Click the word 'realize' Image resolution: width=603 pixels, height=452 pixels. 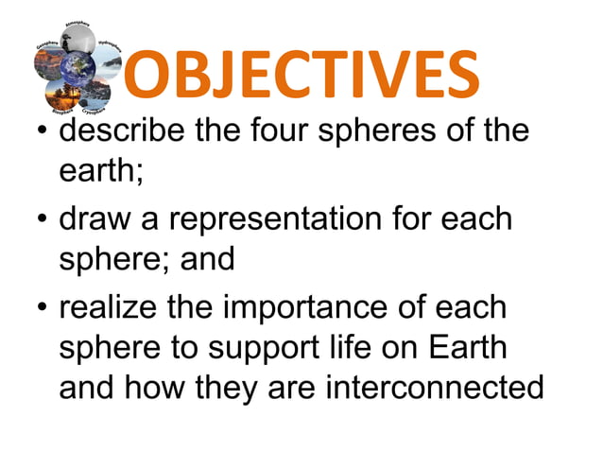(x=112, y=308)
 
